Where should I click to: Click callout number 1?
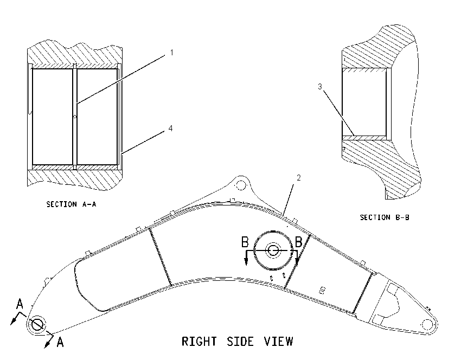(172, 53)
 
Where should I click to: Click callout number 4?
(170, 128)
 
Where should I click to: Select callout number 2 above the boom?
(299, 177)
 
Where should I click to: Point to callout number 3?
(320, 86)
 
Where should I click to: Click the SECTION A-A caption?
(71, 204)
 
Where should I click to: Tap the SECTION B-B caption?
(385, 217)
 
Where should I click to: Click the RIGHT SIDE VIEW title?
(237, 342)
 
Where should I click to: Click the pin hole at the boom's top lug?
(241, 185)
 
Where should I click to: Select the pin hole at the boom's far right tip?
(427, 324)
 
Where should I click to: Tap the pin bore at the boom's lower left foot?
(37, 324)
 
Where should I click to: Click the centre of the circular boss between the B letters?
(273, 250)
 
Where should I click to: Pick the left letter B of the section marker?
(245, 242)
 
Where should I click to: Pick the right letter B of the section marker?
(298, 242)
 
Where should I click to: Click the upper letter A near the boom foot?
(20, 304)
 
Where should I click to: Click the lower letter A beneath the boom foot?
(60, 342)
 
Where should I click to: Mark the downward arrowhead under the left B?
(246, 261)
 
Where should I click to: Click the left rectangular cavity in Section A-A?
(52, 117)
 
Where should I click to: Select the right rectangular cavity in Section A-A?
(97, 117)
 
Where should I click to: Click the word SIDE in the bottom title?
(240, 342)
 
